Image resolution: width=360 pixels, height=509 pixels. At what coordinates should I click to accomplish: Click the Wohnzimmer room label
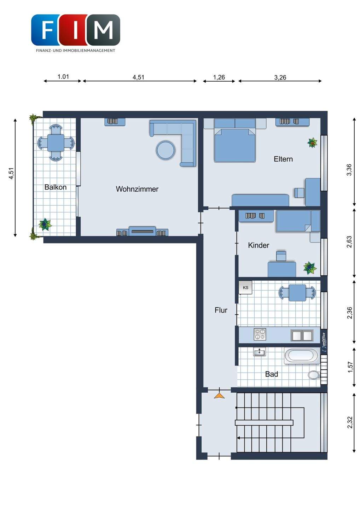click(x=137, y=189)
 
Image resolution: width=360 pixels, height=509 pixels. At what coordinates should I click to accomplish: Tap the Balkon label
click(x=56, y=187)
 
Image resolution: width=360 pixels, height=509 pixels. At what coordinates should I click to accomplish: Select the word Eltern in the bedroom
click(x=283, y=159)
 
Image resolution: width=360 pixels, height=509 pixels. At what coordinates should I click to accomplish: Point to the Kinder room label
click(x=259, y=245)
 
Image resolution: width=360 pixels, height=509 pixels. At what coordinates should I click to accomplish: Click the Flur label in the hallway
click(x=221, y=310)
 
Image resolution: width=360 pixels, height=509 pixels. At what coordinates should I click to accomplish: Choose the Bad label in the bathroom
click(x=272, y=374)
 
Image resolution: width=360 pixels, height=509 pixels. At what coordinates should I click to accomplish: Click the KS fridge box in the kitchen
click(x=245, y=288)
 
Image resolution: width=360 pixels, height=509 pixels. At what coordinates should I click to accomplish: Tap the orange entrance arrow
click(x=219, y=396)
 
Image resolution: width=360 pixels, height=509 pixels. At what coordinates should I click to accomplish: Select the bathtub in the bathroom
click(x=302, y=356)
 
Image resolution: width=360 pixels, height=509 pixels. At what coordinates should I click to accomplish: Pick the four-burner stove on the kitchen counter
click(x=260, y=334)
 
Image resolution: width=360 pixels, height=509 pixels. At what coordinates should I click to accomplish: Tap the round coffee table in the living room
click(x=166, y=150)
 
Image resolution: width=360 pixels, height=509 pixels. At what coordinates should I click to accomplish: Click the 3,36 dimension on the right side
click(x=349, y=170)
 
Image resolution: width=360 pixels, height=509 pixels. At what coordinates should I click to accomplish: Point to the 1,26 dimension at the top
click(x=219, y=77)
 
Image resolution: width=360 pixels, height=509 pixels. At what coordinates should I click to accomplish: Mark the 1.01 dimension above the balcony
click(x=63, y=77)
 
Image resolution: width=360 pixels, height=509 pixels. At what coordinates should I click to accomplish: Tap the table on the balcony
click(x=56, y=143)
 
